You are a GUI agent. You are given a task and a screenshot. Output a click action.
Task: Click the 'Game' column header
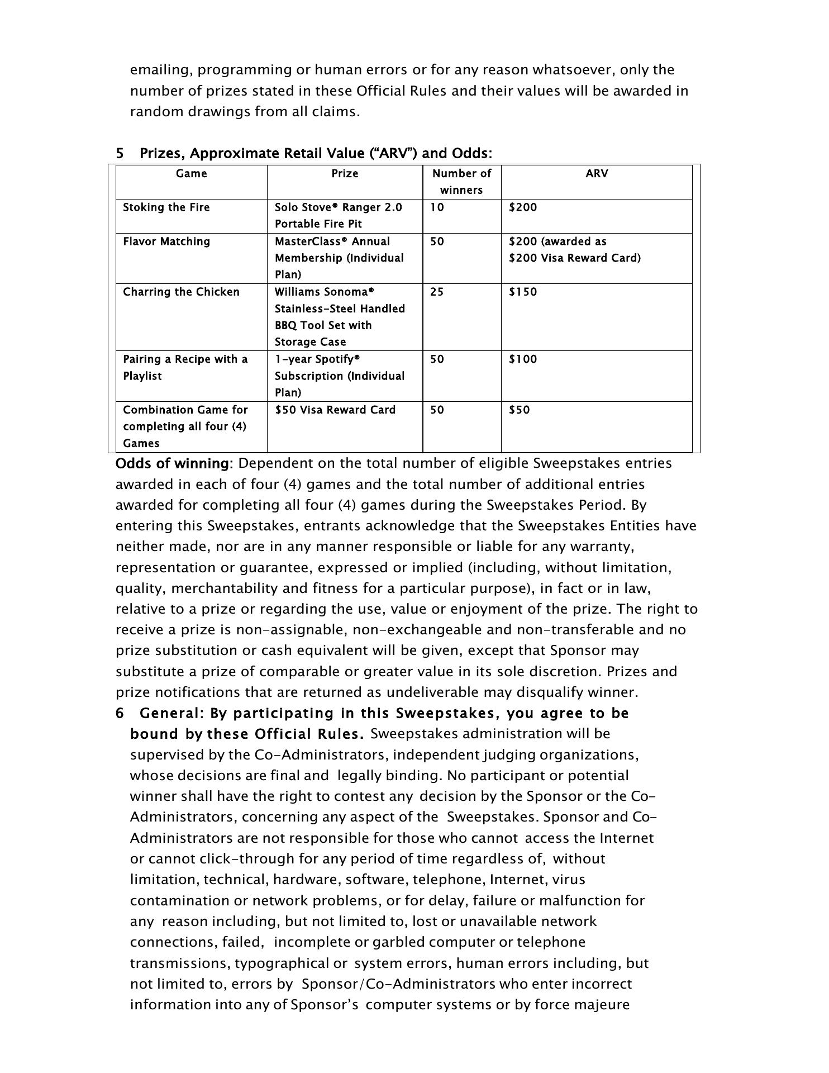click(191, 174)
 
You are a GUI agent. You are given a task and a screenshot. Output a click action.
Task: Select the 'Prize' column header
click(345, 174)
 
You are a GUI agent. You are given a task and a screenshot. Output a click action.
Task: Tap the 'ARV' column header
click(597, 174)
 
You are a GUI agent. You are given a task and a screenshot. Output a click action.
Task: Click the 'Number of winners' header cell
click(461, 182)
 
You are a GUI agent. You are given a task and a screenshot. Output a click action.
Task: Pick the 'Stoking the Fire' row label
click(166, 207)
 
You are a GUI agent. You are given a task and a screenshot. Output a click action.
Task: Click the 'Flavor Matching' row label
click(166, 241)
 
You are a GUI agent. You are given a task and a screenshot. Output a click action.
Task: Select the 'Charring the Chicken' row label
click(181, 292)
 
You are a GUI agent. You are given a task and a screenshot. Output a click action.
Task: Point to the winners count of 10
click(437, 207)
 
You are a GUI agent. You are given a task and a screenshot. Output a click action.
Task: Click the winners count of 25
click(437, 292)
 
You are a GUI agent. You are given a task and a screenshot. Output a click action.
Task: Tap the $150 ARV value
click(522, 292)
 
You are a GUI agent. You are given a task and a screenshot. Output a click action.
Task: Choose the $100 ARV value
click(522, 359)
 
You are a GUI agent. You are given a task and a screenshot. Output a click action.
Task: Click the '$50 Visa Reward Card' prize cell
click(335, 410)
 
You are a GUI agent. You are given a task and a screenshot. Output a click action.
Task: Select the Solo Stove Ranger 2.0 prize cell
click(338, 215)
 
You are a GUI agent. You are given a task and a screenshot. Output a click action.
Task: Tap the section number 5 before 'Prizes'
click(120, 153)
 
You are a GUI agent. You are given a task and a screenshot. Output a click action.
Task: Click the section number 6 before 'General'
click(120, 714)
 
